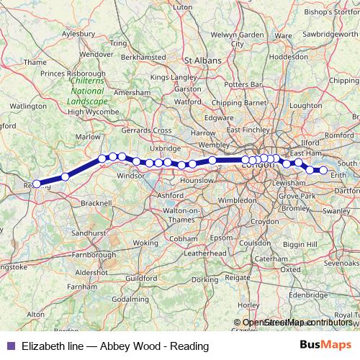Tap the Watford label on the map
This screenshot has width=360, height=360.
(x=188, y=102)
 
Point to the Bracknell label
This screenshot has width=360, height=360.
(x=97, y=204)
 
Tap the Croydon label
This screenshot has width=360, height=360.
(x=264, y=221)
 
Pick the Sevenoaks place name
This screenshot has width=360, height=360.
(x=341, y=264)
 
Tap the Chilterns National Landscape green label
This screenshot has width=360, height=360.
(x=86, y=92)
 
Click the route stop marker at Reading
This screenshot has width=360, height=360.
(x=37, y=184)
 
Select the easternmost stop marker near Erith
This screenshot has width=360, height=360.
(x=323, y=170)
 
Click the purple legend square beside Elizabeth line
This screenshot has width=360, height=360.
(x=9, y=346)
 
